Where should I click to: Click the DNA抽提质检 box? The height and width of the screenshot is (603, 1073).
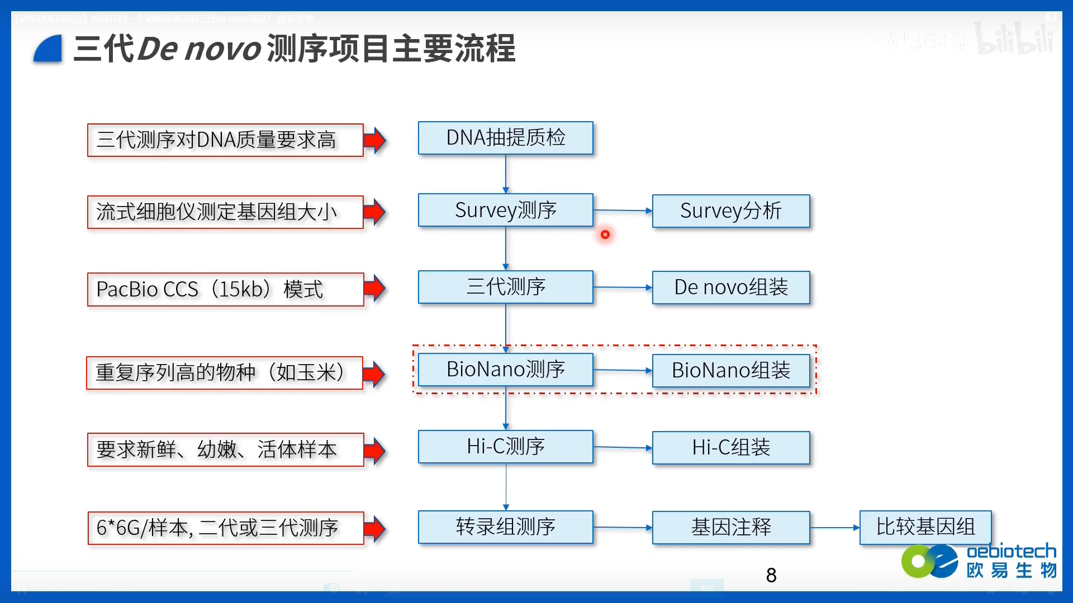pos(505,138)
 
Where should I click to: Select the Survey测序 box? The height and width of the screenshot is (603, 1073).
pos(505,210)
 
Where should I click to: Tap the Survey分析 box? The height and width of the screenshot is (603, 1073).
pos(730,211)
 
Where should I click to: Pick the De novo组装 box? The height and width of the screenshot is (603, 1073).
pos(730,288)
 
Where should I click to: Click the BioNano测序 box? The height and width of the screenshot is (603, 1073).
pos(505,370)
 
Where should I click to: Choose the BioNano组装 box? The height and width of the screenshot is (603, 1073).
pos(730,370)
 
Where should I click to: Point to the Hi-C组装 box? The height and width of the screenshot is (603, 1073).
pos(730,447)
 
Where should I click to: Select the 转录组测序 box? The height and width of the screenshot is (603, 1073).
pos(505,527)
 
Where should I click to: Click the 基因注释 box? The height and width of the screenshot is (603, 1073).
pos(730,527)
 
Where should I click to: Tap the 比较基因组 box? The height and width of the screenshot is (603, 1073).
pos(925,527)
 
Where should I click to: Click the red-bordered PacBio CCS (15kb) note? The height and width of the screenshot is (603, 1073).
pos(225,289)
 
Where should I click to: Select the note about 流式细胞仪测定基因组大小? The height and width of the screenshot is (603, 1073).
pos(225,212)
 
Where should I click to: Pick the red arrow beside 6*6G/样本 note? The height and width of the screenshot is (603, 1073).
pos(375,528)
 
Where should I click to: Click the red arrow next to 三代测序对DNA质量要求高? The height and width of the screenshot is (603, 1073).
pos(375,140)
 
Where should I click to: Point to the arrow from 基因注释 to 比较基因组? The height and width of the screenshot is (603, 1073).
pos(834,528)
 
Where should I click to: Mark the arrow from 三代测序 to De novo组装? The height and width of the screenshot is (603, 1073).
pos(622,288)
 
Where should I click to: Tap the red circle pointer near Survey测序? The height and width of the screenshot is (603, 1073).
pos(605,234)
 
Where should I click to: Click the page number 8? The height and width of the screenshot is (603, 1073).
pos(771,575)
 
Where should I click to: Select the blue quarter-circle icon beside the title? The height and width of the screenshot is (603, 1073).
pos(48,49)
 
